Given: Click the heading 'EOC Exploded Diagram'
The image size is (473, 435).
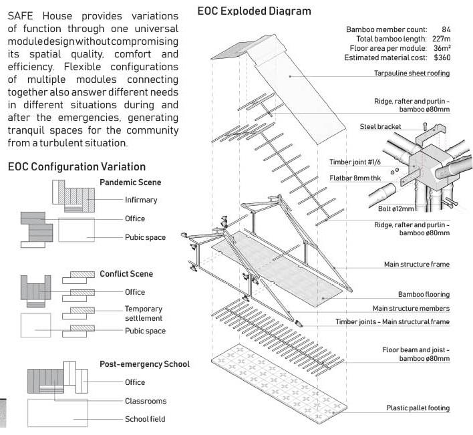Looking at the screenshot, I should (x=254, y=11).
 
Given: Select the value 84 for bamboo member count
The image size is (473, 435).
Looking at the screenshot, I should (x=446, y=29).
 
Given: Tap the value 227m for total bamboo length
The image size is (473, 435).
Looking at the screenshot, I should (x=441, y=39).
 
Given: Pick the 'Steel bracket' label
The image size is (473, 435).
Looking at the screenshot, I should (x=380, y=126).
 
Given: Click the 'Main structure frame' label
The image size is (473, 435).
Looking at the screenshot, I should (x=416, y=265).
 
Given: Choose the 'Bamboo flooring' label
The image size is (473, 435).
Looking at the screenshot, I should (x=424, y=294).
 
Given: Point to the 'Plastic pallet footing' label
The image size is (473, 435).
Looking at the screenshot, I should (x=418, y=408).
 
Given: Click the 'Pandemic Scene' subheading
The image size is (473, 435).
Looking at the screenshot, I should (x=130, y=182).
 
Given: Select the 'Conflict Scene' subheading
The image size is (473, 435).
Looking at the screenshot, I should (x=126, y=273).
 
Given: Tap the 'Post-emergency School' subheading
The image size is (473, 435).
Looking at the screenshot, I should (x=144, y=364).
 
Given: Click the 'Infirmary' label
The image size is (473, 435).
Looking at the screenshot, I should (x=141, y=200).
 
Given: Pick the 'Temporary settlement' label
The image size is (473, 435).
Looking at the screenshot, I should (x=144, y=314).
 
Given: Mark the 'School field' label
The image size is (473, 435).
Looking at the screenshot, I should (x=145, y=419).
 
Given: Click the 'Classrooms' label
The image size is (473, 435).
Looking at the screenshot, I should (x=146, y=401).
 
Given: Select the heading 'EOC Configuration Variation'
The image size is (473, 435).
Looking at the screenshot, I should (x=76, y=166).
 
